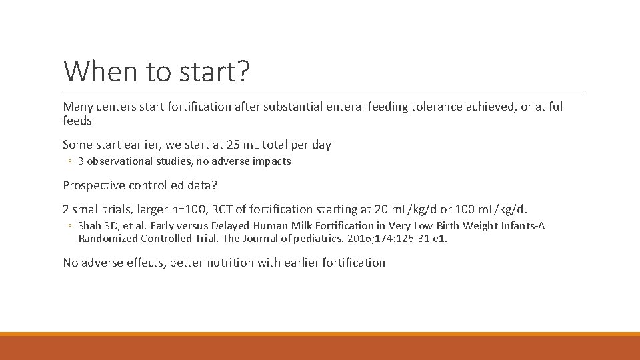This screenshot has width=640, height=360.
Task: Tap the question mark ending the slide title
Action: [243, 71]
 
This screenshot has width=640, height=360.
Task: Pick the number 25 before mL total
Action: [225, 145]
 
